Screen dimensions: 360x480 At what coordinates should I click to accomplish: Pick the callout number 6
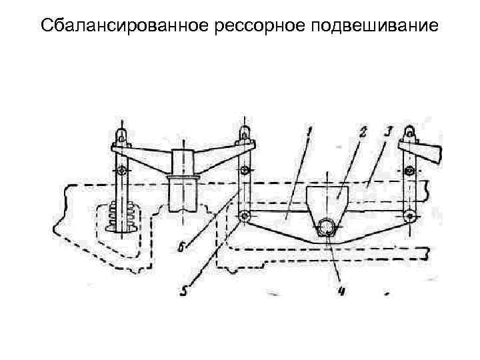click(181, 247)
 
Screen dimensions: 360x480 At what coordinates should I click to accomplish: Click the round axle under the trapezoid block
click(328, 229)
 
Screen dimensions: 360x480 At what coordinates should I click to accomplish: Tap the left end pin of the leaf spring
click(244, 216)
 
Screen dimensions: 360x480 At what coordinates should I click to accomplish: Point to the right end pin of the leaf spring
click(409, 215)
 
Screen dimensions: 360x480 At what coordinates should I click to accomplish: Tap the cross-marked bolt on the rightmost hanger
click(409, 171)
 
